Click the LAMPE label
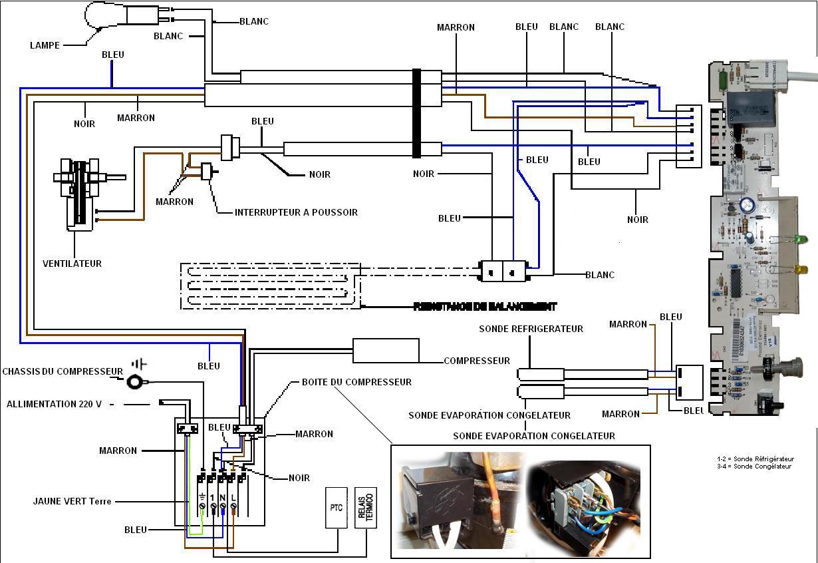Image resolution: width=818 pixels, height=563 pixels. [x=45, y=45]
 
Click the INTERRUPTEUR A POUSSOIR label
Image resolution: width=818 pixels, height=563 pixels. [x=296, y=212]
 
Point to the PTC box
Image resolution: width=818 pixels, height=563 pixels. [x=336, y=508]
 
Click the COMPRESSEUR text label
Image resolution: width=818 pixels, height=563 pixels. [x=477, y=361]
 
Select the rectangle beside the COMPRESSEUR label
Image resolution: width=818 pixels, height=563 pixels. [x=386, y=351]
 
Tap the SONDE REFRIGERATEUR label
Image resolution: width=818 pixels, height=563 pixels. [x=531, y=329]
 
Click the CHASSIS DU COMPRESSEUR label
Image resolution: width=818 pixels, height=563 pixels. [x=63, y=371]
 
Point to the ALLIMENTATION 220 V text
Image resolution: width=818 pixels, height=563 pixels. [x=54, y=404]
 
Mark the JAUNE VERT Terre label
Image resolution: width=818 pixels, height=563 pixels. [x=72, y=501]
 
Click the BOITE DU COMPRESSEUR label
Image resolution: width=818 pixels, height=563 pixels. [x=356, y=382]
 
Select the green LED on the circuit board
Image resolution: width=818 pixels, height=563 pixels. [x=803, y=239]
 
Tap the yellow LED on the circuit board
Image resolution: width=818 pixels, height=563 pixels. [x=803, y=270]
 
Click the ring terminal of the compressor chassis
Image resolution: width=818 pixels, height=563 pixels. [x=137, y=381]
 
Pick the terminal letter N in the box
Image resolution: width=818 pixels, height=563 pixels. [x=223, y=497]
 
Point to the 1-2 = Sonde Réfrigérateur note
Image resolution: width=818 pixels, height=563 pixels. [x=756, y=459]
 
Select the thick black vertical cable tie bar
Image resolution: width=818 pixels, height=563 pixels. [x=417, y=113]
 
